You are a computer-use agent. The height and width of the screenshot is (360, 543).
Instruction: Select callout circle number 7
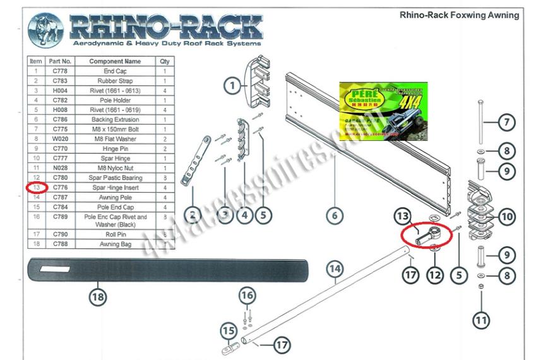click(506, 121)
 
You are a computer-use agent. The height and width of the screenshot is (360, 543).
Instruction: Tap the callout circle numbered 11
click(481, 320)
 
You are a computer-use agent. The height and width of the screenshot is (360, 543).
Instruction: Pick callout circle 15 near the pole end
click(227, 330)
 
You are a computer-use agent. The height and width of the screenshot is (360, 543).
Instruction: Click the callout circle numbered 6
click(335, 215)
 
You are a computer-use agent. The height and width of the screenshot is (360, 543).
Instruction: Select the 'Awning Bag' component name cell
click(115, 244)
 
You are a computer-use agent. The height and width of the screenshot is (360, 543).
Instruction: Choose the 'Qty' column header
click(165, 61)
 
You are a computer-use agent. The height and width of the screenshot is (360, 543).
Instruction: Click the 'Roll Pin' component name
click(115, 234)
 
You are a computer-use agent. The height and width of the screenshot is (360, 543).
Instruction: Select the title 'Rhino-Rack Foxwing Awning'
click(459, 15)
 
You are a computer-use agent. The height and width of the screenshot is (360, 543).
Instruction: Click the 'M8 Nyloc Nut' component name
click(115, 168)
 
